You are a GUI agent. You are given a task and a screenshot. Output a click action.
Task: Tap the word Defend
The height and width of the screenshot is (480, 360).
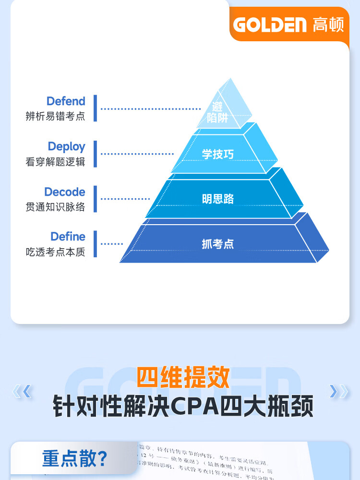point(66,101)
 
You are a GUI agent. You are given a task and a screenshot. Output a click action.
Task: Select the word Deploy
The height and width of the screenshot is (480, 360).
point(66,146)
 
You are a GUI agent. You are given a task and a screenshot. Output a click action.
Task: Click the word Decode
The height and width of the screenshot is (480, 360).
point(64,192)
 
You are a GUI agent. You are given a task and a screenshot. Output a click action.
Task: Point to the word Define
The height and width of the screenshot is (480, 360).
point(68,237)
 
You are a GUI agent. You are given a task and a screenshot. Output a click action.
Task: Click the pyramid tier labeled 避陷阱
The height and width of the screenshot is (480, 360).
point(218,112)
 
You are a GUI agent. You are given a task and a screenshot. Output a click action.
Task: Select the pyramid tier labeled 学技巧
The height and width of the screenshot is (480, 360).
point(217,154)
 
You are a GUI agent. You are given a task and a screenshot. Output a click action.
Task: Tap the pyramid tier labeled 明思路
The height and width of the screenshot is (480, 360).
point(217,199)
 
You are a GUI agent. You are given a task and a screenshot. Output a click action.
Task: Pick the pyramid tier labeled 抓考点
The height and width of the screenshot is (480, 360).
point(217,244)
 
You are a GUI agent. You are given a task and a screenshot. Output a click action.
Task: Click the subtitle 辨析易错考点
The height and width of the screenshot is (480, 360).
point(55,116)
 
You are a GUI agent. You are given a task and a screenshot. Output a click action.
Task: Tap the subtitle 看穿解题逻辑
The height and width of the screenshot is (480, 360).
point(55,161)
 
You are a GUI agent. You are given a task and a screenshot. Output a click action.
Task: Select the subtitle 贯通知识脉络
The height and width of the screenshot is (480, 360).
point(55,207)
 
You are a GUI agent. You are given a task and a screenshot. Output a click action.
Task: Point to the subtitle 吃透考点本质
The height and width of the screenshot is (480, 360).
point(55,252)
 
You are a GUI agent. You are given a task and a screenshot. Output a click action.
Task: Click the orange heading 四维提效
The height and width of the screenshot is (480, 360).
point(183,377)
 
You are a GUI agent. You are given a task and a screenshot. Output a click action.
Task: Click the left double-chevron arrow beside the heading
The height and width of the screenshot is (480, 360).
point(22,392)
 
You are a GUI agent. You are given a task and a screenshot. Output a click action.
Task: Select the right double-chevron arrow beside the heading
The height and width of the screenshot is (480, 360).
point(339,392)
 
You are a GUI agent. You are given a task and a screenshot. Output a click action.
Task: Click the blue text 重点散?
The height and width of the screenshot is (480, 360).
point(74,458)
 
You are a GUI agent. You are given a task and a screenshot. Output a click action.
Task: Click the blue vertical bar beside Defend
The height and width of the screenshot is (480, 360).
point(95,108)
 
